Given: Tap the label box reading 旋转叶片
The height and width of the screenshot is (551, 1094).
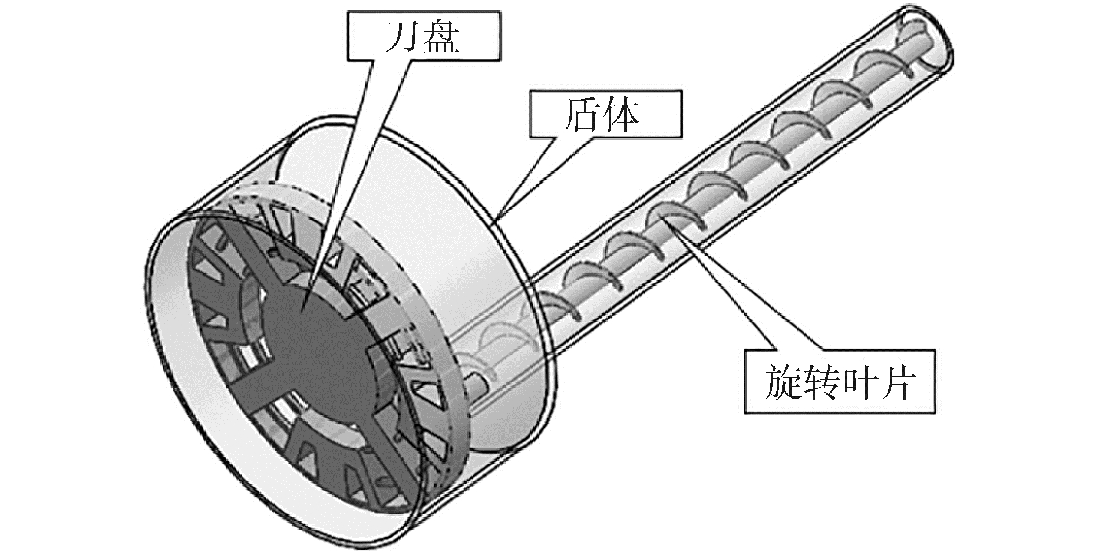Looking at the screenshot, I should (x=840, y=381).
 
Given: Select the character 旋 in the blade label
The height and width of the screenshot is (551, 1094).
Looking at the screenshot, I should (x=780, y=381).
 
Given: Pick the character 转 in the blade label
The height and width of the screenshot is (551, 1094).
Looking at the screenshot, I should (x=820, y=381).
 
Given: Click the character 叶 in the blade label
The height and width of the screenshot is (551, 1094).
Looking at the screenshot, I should (x=861, y=381).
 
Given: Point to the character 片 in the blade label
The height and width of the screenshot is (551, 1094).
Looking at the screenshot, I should (x=899, y=381).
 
